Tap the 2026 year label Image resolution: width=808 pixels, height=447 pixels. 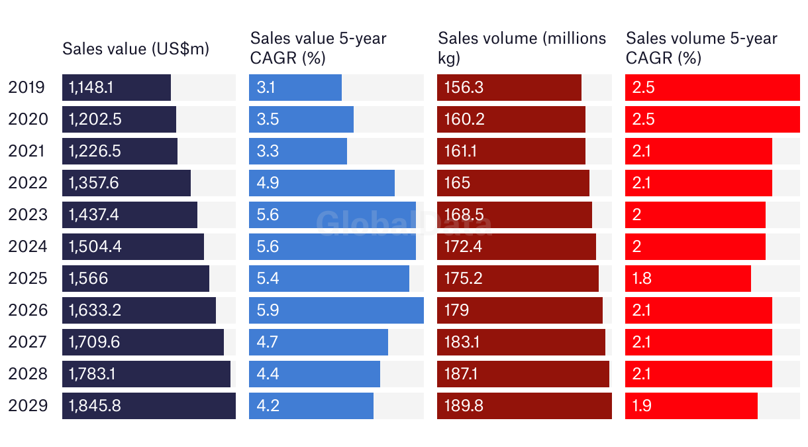tap(28, 310)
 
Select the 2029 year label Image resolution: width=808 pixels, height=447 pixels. tap(28, 406)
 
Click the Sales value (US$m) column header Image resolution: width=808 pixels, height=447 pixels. tap(136, 48)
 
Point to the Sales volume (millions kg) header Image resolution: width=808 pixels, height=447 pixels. tap(522, 48)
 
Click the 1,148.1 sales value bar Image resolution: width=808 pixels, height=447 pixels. tap(117, 88)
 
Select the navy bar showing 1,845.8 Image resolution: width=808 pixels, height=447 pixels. tap(149, 406)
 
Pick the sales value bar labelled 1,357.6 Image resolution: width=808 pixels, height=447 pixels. tap(126, 183)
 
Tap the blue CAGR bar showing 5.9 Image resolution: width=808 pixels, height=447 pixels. tap(336, 310)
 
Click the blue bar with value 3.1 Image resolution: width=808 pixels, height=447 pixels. tap(295, 88)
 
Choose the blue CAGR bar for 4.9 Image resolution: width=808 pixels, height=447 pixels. tap(322, 183)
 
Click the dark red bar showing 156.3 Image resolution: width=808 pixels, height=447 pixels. tap(509, 88)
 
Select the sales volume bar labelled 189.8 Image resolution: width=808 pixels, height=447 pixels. tap(525, 406)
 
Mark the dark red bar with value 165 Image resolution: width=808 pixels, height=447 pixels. tap(513, 183)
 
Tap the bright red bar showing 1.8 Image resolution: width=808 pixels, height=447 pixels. tap(688, 279)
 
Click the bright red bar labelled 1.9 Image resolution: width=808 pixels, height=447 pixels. tap(691, 406)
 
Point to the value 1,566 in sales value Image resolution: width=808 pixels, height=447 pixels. tap(88, 279)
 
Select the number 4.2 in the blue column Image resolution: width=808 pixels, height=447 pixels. tap(268, 406)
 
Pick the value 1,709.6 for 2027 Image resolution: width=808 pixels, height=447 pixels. tap(95, 342)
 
